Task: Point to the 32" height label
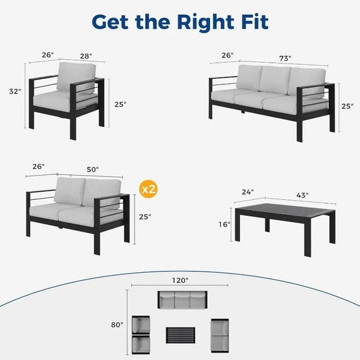pos(15,90)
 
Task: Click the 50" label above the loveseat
pos(93,169)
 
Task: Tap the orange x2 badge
pos(149,190)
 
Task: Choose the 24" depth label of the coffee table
pos(249,192)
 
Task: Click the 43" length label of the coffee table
pos(302,196)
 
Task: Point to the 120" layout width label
pos(180,276)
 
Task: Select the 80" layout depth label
pos(118,325)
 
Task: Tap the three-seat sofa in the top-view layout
pos(180,301)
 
